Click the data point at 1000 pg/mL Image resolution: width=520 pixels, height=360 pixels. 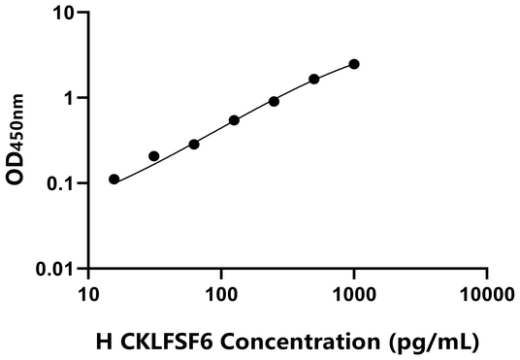(x=354, y=64)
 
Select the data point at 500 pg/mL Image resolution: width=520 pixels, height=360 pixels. (x=314, y=79)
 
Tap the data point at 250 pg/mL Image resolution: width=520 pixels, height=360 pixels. (x=275, y=101)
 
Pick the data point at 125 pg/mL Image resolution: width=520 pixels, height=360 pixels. (x=235, y=120)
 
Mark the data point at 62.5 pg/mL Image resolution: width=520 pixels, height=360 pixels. (x=194, y=144)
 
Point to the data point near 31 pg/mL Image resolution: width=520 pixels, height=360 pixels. (x=153, y=155)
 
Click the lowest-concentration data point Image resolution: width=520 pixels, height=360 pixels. (x=114, y=179)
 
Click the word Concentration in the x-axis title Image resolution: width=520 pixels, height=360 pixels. (x=284, y=343)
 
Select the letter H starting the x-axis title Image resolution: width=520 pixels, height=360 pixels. (x=103, y=343)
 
